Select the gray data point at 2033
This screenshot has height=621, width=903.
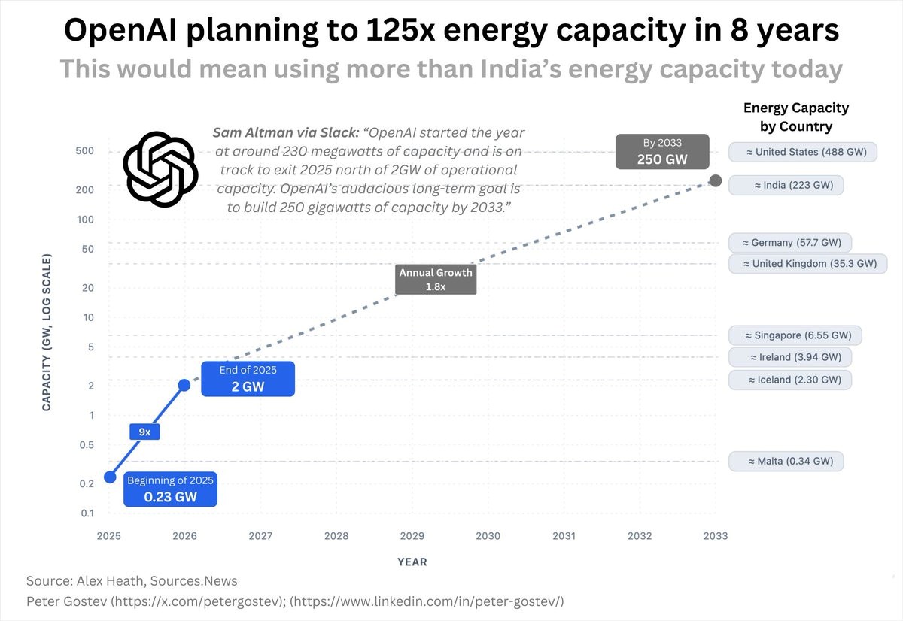coord(716,180)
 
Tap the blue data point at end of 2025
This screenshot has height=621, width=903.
coord(184,385)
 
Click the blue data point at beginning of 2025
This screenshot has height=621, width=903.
coord(110,477)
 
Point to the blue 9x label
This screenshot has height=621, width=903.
coord(145,432)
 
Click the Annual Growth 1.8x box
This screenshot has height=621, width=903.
coord(436,280)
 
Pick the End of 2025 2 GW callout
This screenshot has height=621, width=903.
coord(248,379)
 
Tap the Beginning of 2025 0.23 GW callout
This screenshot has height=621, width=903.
coord(170,489)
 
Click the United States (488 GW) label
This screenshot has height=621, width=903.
coord(803,152)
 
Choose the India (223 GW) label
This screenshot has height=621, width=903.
coord(786,185)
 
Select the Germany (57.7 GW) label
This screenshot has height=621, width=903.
coord(790,243)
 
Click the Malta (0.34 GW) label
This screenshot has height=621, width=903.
coord(786,461)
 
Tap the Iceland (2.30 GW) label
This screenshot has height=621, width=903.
coord(790,380)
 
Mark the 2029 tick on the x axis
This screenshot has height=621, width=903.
coord(412,536)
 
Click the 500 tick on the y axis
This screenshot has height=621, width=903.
coord(84,151)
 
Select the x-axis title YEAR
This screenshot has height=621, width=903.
coord(412,562)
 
